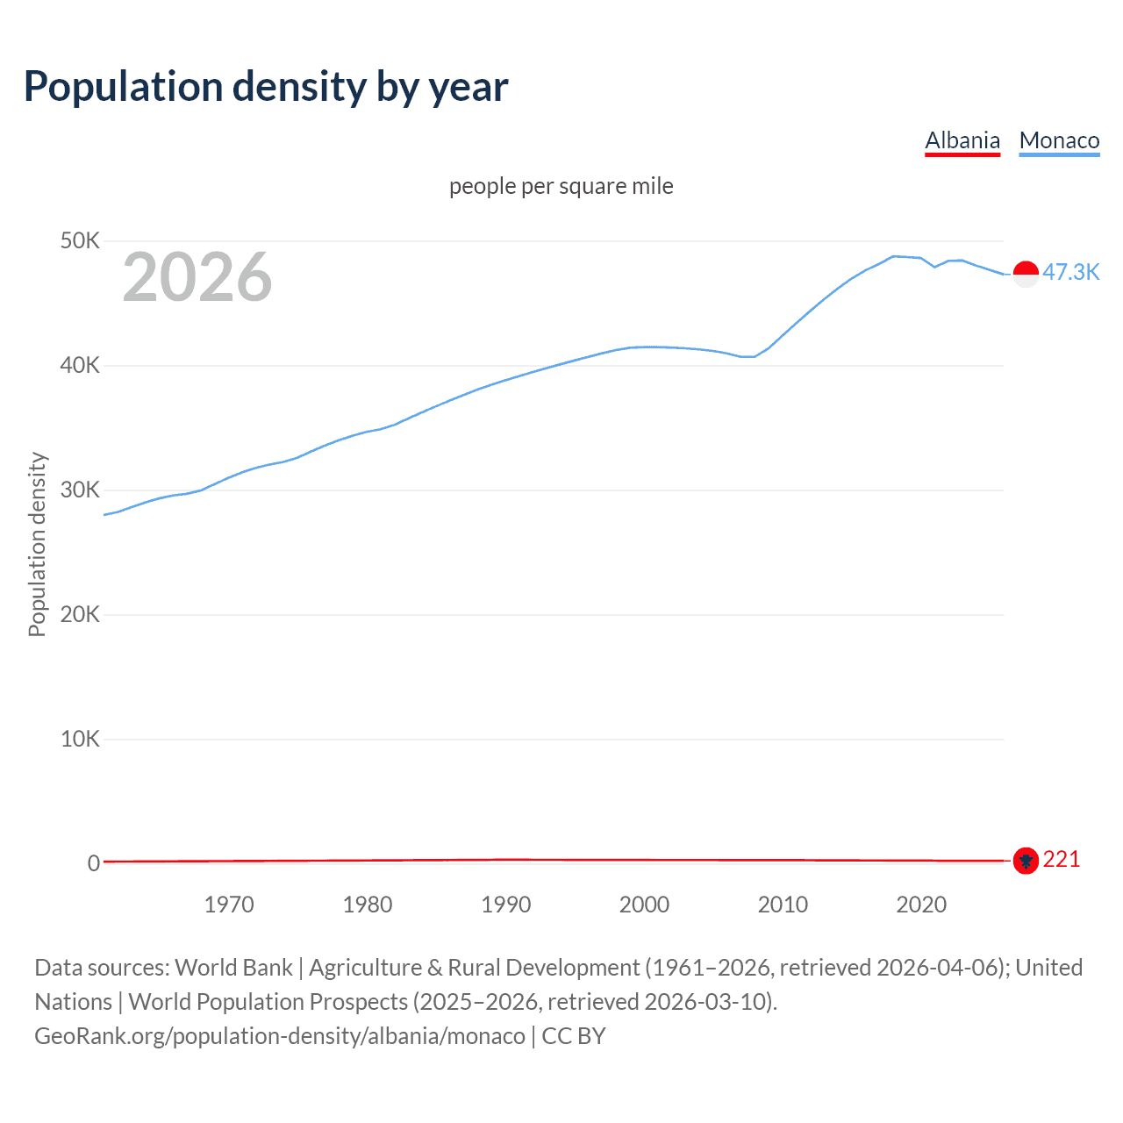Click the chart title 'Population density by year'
click(x=266, y=87)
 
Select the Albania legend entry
click(x=962, y=140)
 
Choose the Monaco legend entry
click(x=1059, y=140)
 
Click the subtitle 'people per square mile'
click(x=561, y=186)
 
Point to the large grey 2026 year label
click(x=197, y=277)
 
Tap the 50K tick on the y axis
click(x=80, y=240)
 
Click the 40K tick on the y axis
click(x=80, y=365)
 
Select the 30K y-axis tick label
click(x=80, y=490)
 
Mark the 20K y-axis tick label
click(x=80, y=614)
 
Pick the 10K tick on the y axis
click(x=80, y=739)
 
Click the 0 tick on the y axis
click(x=93, y=863)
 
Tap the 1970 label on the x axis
click(x=229, y=905)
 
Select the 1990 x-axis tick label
click(x=506, y=905)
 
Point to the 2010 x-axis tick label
click(x=783, y=905)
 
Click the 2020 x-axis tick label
click(x=921, y=905)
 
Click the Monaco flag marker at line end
click(x=1026, y=274)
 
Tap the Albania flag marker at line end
click(x=1026, y=861)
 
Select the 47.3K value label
click(x=1070, y=272)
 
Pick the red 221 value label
click(x=1062, y=860)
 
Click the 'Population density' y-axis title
click(x=37, y=544)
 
